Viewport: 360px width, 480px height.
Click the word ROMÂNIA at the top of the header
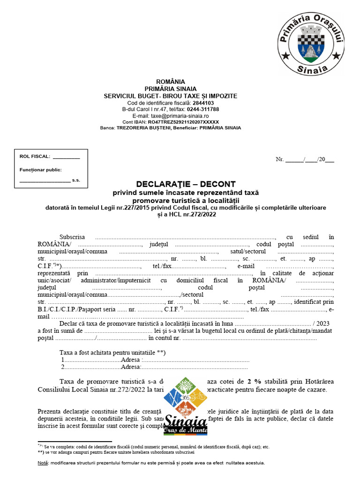click(x=171, y=82)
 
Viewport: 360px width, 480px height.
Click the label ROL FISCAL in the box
click(x=35, y=157)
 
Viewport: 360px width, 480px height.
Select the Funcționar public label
click(x=40, y=170)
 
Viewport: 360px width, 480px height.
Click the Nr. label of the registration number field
click(x=280, y=159)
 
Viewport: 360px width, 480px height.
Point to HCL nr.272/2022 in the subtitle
click(x=193, y=214)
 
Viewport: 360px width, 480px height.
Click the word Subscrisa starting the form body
click(x=72, y=237)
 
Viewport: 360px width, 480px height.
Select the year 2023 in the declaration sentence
click(x=323, y=323)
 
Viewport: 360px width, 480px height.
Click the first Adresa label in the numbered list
click(x=131, y=360)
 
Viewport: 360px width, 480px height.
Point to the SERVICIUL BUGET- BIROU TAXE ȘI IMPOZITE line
click(x=171, y=96)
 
